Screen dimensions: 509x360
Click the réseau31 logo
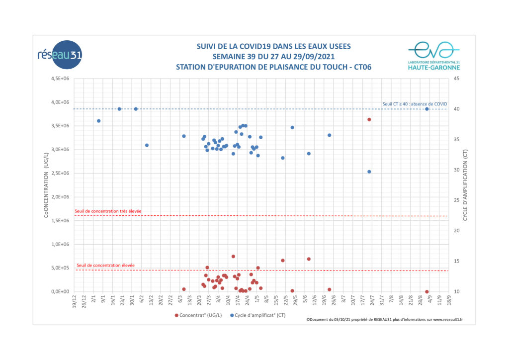[60, 55]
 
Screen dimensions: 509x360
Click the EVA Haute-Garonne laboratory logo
[433, 56]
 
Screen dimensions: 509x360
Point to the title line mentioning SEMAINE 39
[273, 57]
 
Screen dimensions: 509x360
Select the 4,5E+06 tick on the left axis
[60, 79]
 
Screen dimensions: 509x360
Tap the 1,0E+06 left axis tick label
[60, 245]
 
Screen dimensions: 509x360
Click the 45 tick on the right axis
[456, 79]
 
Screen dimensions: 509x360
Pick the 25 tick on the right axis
[456, 200]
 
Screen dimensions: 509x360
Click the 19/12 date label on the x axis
[75, 301]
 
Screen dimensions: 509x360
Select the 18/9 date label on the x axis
[449, 300]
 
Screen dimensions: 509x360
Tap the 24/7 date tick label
[372, 300]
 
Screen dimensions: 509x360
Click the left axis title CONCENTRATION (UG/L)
[46, 185]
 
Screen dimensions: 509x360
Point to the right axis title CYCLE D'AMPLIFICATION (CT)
[465, 185]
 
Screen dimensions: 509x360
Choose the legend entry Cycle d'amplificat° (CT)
[258, 315]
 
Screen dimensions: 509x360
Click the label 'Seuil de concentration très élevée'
[108, 211]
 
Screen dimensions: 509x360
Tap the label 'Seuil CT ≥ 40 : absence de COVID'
[415, 104]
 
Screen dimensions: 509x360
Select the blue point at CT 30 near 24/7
[369, 172]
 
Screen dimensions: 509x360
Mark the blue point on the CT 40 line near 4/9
[427, 109]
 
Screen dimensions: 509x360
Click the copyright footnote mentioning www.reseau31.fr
[385, 320]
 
